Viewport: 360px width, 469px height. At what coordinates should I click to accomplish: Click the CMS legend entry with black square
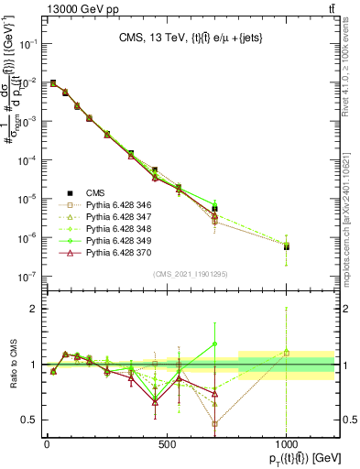pyautogui.click(x=93, y=192)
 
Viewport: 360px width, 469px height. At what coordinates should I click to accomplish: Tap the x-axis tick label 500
pyautogui.click(x=167, y=444)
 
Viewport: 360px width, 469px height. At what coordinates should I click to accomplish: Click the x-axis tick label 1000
pyautogui.click(x=287, y=444)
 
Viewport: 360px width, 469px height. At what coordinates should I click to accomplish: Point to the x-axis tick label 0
pyautogui.click(x=47, y=444)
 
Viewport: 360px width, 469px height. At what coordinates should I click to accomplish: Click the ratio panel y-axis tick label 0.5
pyautogui.click(x=30, y=420)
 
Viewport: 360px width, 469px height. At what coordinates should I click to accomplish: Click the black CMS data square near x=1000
pyautogui.click(x=287, y=246)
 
